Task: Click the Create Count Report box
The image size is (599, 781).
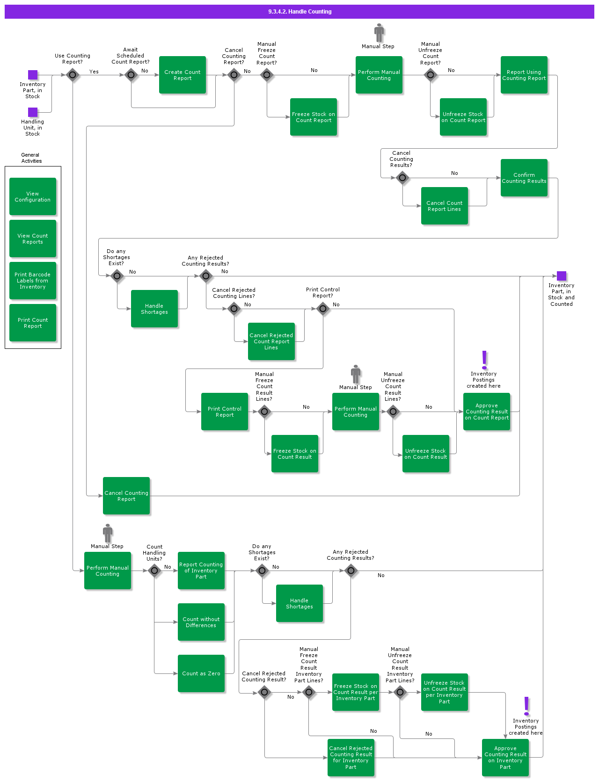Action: [183, 75]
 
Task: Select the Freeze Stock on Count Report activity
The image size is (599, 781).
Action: [314, 117]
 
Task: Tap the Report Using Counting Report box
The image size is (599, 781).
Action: [524, 75]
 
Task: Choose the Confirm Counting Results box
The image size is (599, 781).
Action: [524, 178]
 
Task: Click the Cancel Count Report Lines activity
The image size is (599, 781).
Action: [445, 206]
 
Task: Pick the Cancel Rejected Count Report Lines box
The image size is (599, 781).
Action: [271, 341]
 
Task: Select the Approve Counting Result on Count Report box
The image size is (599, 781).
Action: [487, 412]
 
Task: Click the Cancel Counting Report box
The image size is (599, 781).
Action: [126, 496]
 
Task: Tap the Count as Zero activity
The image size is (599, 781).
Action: [201, 673]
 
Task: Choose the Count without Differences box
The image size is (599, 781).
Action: [201, 622]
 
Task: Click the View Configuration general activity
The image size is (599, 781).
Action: [33, 196]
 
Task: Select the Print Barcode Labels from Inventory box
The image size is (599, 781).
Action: [33, 281]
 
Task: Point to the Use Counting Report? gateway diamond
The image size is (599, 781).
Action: [73, 75]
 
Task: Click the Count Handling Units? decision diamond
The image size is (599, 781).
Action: [154, 571]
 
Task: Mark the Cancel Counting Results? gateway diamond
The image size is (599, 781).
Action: [402, 178]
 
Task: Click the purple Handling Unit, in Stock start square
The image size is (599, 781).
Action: [33, 112]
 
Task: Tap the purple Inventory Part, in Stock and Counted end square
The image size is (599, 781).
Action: [562, 276]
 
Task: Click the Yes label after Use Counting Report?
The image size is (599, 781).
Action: [94, 72]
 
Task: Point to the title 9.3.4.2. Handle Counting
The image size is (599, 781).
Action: [299, 12]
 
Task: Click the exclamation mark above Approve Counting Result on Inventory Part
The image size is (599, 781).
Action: [526, 706]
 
